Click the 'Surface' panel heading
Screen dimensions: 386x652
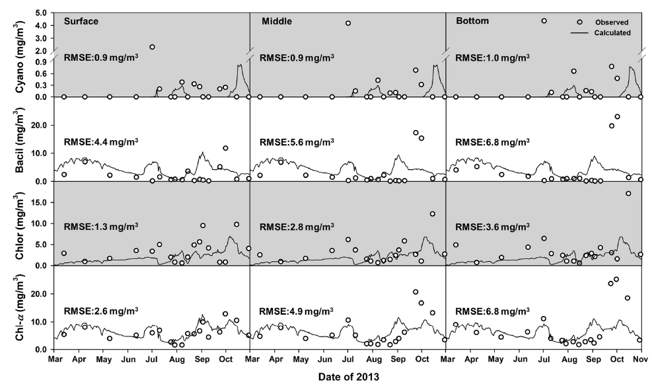pos(81,21)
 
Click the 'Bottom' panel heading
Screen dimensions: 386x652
pos(473,21)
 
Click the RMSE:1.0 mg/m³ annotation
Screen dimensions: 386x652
pos(492,58)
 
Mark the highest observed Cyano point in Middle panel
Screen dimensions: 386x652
pos(348,23)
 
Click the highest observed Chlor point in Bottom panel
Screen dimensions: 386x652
pos(628,193)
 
